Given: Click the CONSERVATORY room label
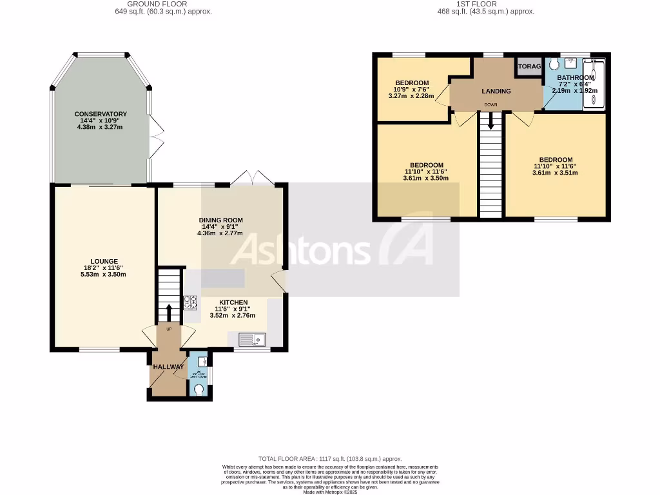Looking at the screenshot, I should pyautogui.click(x=100, y=114).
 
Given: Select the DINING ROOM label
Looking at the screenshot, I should pyautogui.click(x=220, y=220).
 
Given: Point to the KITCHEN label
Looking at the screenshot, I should pyautogui.click(x=233, y=302).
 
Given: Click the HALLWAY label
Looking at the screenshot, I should pyautogui.click(x=168, y=367).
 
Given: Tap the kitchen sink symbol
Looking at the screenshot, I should pyautogui.click(x=247, y=338).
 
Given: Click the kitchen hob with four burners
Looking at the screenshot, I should pyautogui.click(x=191, y=302).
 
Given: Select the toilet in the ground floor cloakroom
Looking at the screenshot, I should pyautogui.click(x=199, y=389).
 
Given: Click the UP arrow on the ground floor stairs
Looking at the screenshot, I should pyautogui.click(x=170, y=313).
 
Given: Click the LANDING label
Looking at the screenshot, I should pyautogui.click(x=496, y=91).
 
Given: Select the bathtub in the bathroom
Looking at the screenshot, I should pyautogui.click(x=594, y=84).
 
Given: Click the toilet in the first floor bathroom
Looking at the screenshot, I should pyautogui.click(x=554, y=64).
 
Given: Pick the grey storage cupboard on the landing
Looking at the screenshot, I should pyautogui.click(x=529, y=66).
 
